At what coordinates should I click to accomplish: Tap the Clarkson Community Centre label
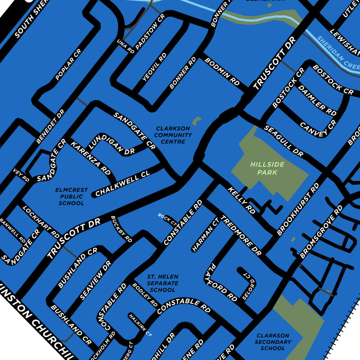[x=173, y=135]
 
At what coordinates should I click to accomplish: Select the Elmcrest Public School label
[x=72, y=197]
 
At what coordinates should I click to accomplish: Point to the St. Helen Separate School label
[x=162, y=283]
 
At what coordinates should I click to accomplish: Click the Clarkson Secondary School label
[x=273, y=342]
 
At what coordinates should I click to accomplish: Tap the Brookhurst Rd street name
[x=298, y=209]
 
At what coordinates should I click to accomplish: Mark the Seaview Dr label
[x=95, y=280]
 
